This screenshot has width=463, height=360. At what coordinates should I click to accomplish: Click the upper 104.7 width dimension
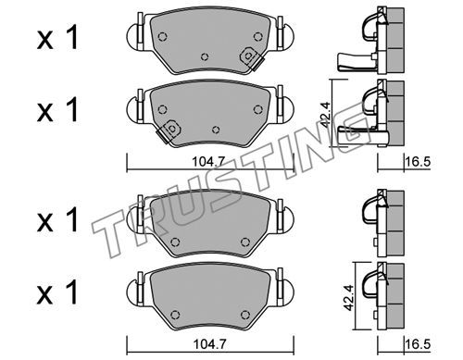click(208, 162)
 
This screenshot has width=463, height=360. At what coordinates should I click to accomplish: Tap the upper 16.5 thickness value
click(418, 162)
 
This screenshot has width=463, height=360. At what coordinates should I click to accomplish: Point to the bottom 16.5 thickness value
click(418, 344)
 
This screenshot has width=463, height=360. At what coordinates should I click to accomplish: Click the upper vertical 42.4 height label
click(326, 115)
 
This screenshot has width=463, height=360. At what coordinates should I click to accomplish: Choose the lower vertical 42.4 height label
click(350, 298)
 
